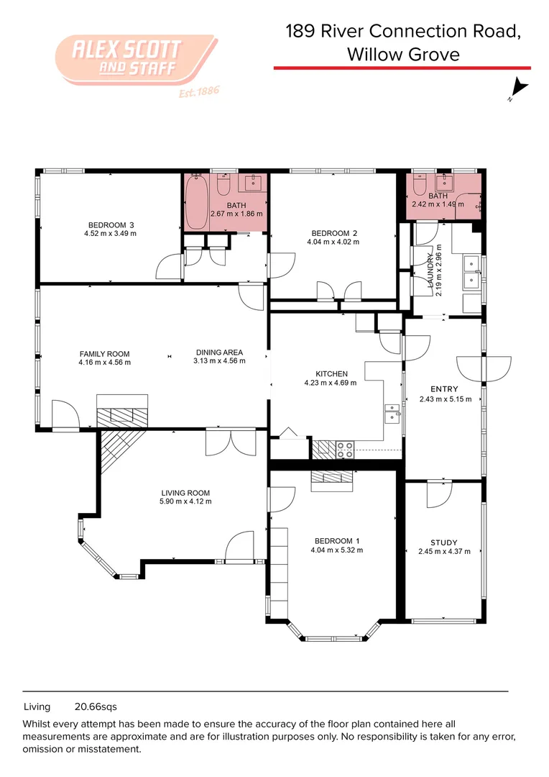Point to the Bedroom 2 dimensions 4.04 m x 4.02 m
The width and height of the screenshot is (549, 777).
(334, 242)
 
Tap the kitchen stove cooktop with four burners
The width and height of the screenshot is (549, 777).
(345, 450)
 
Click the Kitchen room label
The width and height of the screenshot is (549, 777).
(331, 373)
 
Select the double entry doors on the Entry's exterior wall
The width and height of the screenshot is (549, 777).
(483, 369)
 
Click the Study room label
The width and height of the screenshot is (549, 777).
(443, 542)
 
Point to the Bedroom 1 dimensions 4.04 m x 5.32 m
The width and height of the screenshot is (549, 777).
(334, 550)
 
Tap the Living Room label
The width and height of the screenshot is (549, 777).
(185, 493)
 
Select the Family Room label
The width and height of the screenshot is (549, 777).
(104, 353)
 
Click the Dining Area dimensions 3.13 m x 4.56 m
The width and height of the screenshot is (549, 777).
(219, 361)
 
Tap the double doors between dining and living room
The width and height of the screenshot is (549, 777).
(230, 442)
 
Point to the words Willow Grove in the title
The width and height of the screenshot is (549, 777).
(402, 54)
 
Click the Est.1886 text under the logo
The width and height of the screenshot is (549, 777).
(197, 92)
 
